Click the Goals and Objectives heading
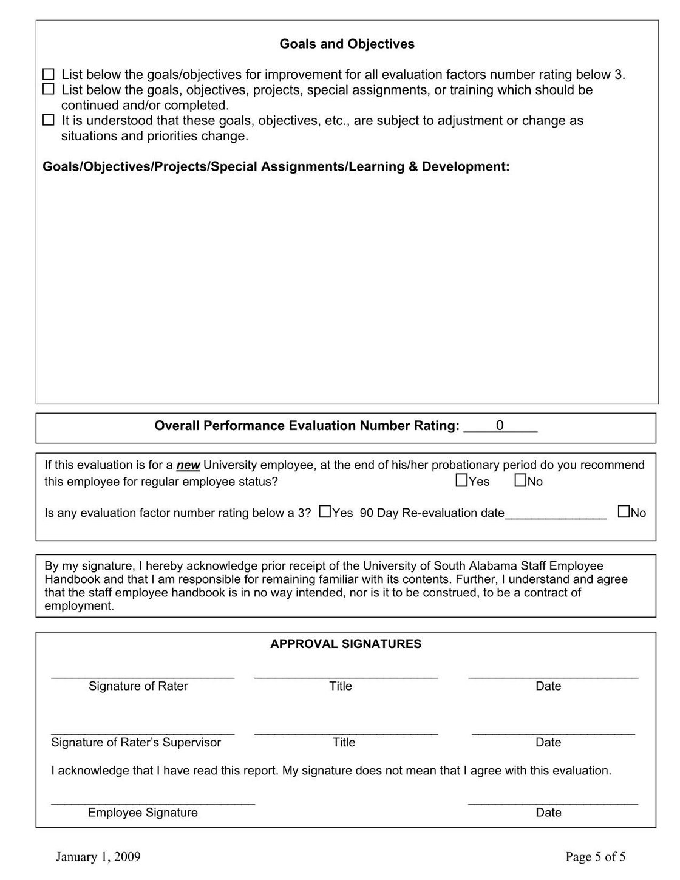tap(347, 44)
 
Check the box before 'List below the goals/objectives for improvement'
tap(49, 75)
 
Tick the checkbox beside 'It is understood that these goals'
tap(49, 120)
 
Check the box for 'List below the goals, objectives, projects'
tap(49, 89)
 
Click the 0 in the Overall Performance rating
tap(500, 426)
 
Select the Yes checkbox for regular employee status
tap(461, 480)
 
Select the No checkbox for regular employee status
tap(520, 480)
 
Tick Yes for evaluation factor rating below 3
tap(325, 512)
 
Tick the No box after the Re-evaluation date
tap(624, 512)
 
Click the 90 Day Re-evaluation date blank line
tap(556, 513)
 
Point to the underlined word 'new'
tap(188, 465)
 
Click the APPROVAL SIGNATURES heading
tap(345, 644)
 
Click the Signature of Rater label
tap(138, 686)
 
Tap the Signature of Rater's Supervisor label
tap(136, 742)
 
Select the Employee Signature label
tap(143, 813)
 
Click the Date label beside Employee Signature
tap(548, 813)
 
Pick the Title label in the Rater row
tap(341, 686)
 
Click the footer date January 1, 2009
tap(98, 857)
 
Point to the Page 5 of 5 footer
tap(596, 857)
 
